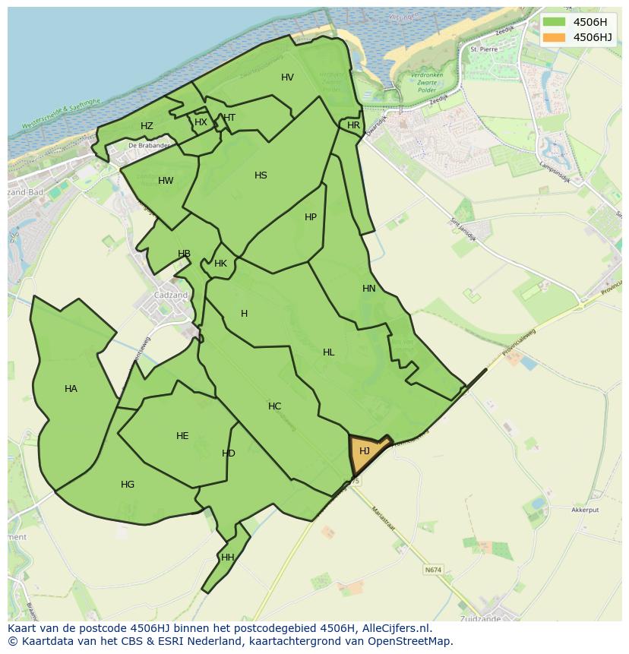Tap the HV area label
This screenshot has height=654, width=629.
click(x=287, y=77)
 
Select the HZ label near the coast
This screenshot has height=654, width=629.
click(x=147, y=126)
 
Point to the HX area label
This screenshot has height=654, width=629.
click(x=201, y=122)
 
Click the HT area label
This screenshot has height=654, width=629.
click(x=229, y=118)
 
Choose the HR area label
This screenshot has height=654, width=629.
click(x=353, y=125)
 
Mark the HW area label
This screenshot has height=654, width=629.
click(x=166, y=181)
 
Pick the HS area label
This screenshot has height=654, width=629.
click(x=261, y=175)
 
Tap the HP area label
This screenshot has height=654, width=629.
click(x=311, y=217)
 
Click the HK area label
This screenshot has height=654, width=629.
click(x=220, y=264)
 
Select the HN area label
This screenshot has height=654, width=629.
click(x=369, y=289)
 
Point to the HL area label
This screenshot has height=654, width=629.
click(x=328, y=352)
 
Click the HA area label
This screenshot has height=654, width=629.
click(x=71, y=389)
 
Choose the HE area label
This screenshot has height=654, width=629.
click(x=182, y=436)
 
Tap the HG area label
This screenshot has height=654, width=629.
click(x=128, y=485)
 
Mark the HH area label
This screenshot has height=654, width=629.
click(x=227, y=558)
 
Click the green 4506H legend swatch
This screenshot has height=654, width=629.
click(x=555, y=22)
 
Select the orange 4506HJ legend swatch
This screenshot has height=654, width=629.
click(x=555, y=37)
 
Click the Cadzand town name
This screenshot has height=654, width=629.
click(x=169, y=295)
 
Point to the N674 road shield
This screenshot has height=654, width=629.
click(x=433, y=570)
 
